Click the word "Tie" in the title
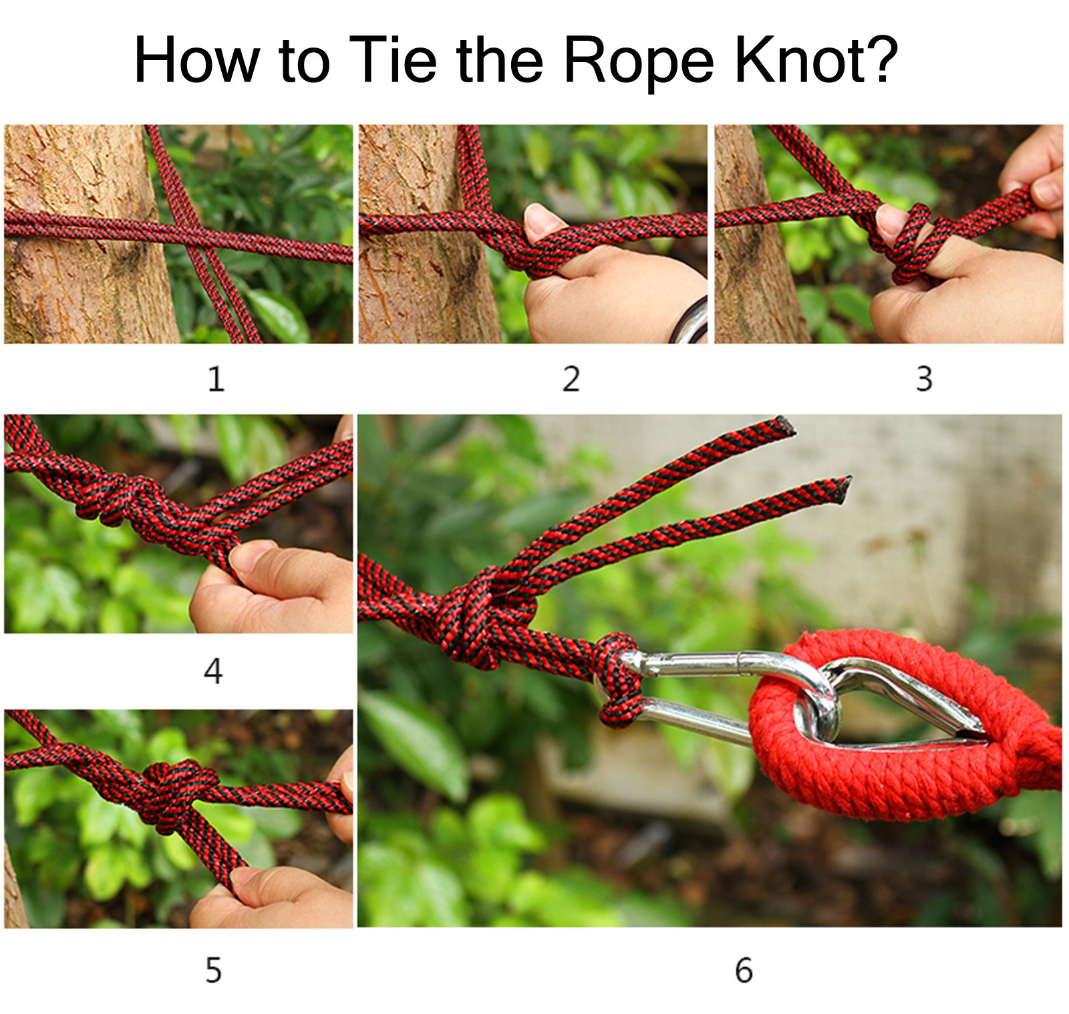393,59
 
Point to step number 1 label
216,379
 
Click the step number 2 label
571,379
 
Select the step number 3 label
924,379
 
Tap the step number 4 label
213,670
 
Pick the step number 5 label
213,970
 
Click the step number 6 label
744,970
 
